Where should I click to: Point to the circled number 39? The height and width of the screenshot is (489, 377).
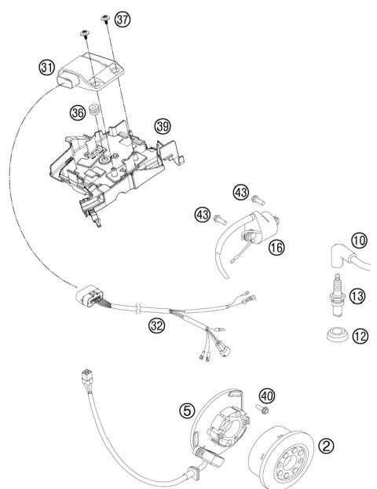[x=163, y=126]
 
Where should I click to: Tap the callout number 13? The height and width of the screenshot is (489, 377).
[x=357, y=295]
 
